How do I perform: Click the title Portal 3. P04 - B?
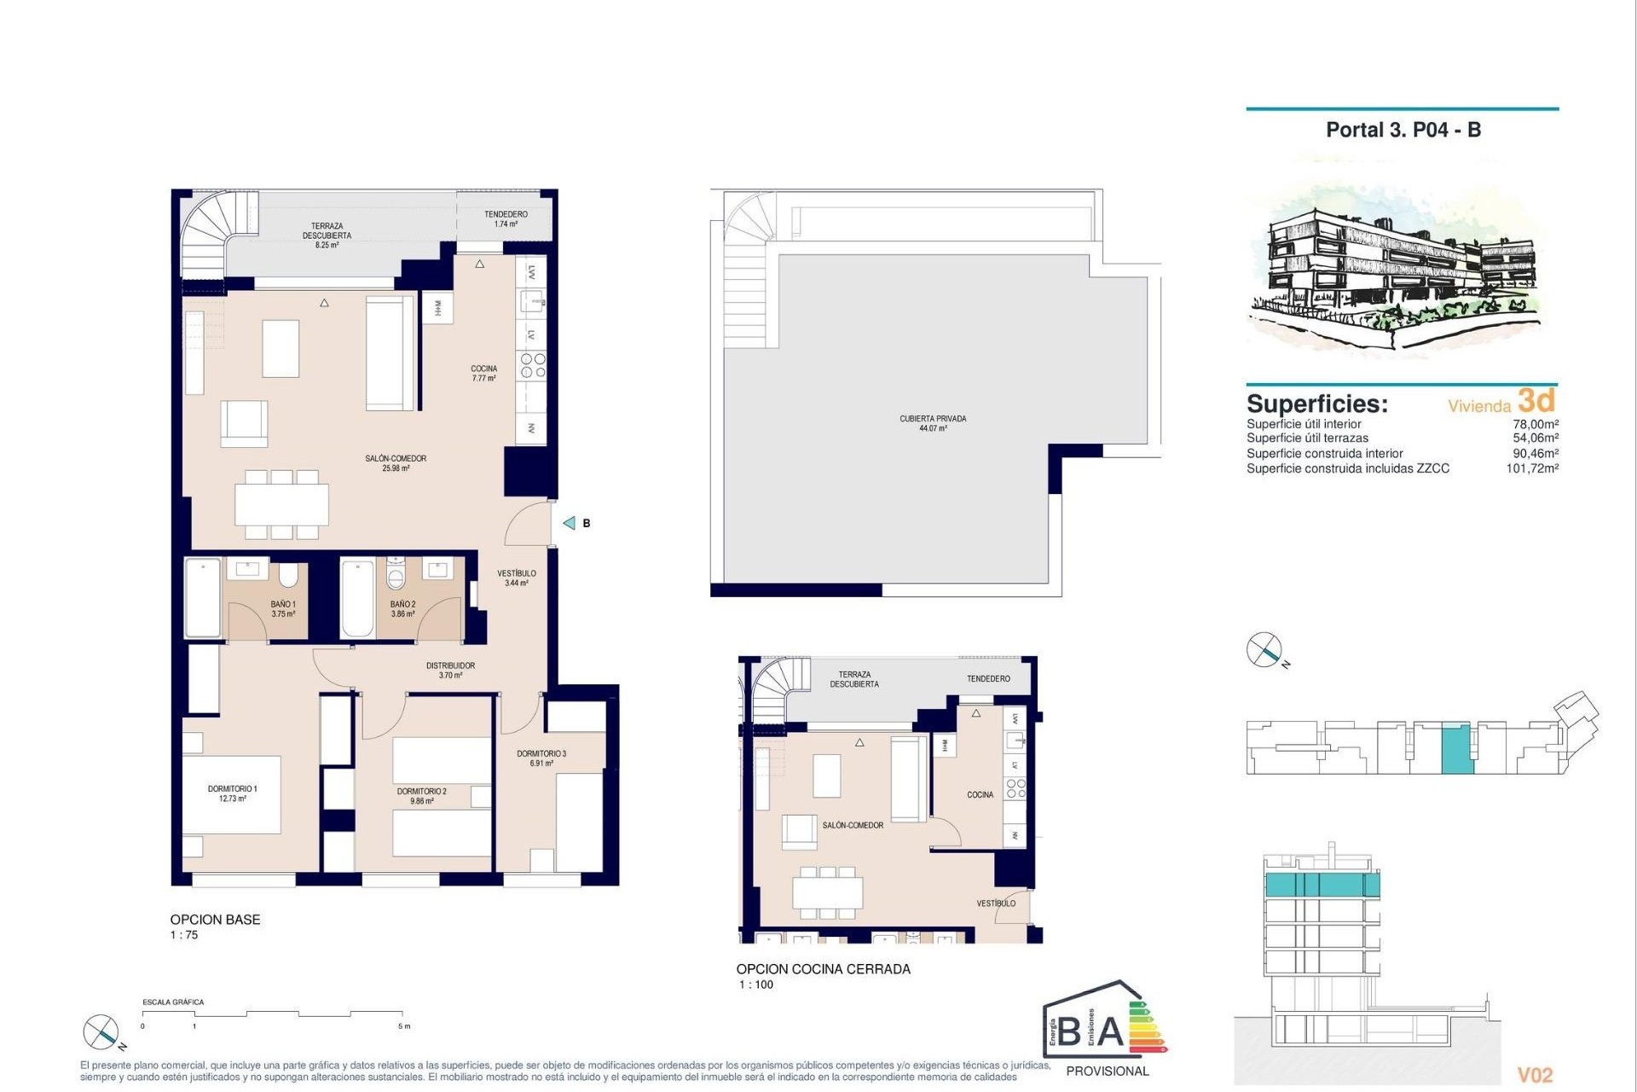point(1403,131)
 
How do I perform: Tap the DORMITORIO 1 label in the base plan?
point(232,793)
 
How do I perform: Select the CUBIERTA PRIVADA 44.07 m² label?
point(933,423)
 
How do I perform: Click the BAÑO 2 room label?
point(402,608)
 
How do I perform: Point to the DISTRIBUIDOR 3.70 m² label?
point(450,670)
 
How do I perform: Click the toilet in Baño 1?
point(288,575)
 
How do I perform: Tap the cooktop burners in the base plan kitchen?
point(533,366)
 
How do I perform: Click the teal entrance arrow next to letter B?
point(570,523)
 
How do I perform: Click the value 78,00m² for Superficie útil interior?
point(1535,424)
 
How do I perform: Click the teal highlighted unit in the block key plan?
point(1456,748)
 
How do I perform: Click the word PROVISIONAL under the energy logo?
point(1107,1072)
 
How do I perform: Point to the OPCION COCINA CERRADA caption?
point(823,969)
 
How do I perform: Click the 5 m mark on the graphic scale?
point(404,1026)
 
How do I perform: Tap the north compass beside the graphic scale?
point(101,1032)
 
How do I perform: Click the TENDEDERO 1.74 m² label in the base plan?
point(506,219)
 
